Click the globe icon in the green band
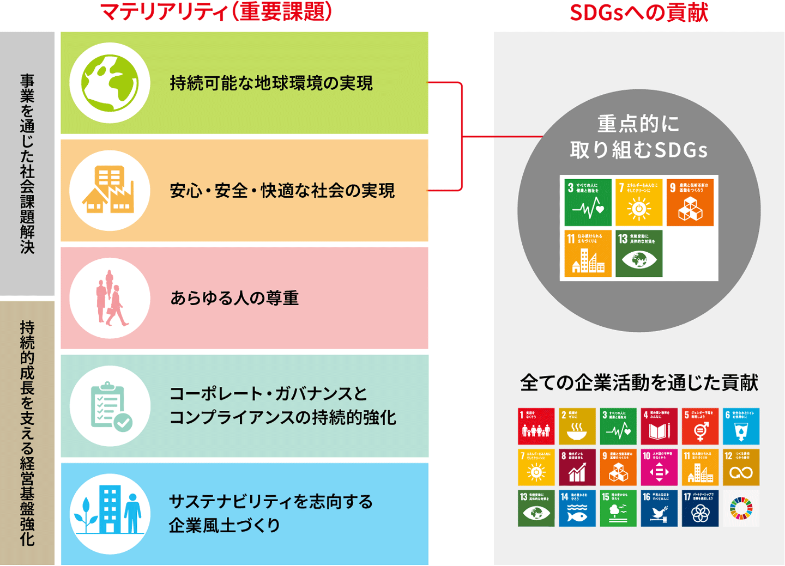(110, 83)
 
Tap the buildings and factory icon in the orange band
(110, 191)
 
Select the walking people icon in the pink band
(110, 298)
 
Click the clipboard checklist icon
(110, 406)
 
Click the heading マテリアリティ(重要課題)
(216, 12)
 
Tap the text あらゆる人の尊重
(234, 299)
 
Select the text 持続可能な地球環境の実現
(271, 83)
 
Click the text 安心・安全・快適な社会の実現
(282, 191)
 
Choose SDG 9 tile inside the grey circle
(690, 202)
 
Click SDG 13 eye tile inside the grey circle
(638, 253)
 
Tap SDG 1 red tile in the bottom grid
(536, 427)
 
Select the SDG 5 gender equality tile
(700, 427)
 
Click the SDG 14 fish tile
(577, 508)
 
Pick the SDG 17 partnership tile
(700, 508)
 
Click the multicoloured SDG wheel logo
(741, 508)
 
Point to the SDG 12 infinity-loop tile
(741, 467)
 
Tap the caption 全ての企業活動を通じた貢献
(639, 383)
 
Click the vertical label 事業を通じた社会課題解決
(27, 163)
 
